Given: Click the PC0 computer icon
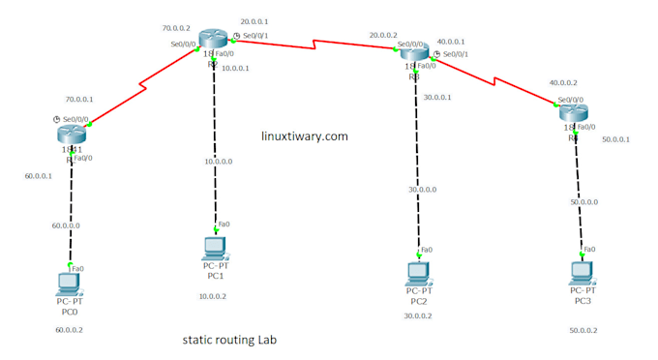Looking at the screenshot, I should (68, 284).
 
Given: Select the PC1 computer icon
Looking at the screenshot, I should (213, 248).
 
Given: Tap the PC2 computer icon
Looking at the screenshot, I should (418, 272).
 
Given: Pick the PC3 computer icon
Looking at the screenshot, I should (581, 272).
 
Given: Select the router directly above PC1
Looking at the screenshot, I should (213, 39).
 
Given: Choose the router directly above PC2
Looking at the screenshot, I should (413, 51).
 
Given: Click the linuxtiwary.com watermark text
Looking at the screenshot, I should (305, 137).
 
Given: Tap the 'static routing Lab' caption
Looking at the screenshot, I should (229, 341).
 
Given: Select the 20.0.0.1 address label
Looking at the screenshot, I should (255, 20).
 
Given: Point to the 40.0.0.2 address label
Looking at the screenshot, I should (564, 83).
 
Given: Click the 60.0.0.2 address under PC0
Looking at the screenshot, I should (69, 330).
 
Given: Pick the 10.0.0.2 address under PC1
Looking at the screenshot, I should (212, 296).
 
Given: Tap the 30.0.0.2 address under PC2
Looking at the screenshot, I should (418, 315).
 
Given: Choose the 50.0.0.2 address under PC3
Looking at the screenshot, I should (583, 331).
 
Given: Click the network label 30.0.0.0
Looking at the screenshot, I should (421, 190).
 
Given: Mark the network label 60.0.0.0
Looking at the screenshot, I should (65, 225).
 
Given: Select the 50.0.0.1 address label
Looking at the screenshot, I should (615, 139).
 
